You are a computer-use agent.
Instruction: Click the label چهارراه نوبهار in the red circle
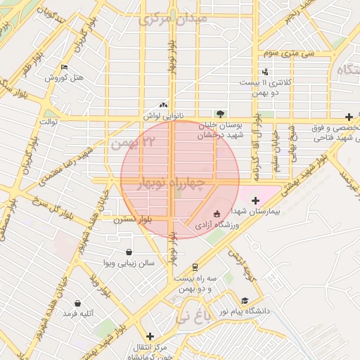(173, 185)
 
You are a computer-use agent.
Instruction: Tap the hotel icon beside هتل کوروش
(65, 68)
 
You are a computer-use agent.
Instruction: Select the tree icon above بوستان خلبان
(221, 113)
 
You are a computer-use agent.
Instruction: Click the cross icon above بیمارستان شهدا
(255, 202)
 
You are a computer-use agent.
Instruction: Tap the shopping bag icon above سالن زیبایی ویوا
(129, 252)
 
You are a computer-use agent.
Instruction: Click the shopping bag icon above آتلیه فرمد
(77, 303)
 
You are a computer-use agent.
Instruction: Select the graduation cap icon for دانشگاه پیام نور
(244, 300)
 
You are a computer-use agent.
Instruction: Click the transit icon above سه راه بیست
(194, 267)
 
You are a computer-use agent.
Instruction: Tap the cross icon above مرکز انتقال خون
(148, 336)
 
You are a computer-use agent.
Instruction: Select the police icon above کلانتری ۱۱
(265, 72)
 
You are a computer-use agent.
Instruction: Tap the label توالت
(47, 121)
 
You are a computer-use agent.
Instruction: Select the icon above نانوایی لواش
(164, 104)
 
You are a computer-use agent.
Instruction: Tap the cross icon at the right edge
(349, 116)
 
